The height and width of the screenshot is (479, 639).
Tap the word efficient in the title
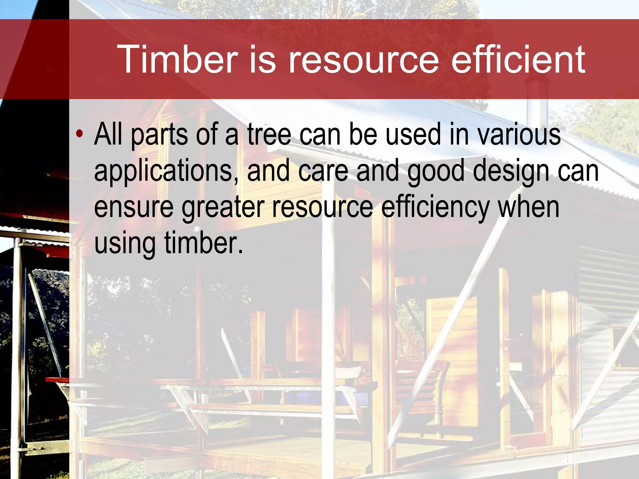[x=518, y=59]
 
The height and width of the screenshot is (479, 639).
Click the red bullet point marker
[x=80, y=134]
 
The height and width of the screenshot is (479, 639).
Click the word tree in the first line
[x=269, y=135]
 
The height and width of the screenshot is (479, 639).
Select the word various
[x=519, y=135]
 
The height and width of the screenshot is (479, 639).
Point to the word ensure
[x=134, y=208]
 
